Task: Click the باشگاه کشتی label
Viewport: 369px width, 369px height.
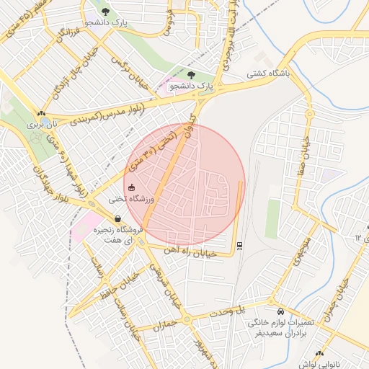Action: [x=268, y=73]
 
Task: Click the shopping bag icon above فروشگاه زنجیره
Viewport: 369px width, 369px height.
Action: [x=116, y=218]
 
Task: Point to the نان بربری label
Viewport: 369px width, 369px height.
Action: [x=42, y=124]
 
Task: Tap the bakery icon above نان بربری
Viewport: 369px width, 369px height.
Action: [x=41, y=113]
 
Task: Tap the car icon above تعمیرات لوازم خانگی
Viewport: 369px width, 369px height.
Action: [x=271, y=302]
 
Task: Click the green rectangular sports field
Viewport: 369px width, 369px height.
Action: [x=272, y=218]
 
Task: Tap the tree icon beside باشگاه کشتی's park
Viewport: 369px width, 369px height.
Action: [x=190, y=74]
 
